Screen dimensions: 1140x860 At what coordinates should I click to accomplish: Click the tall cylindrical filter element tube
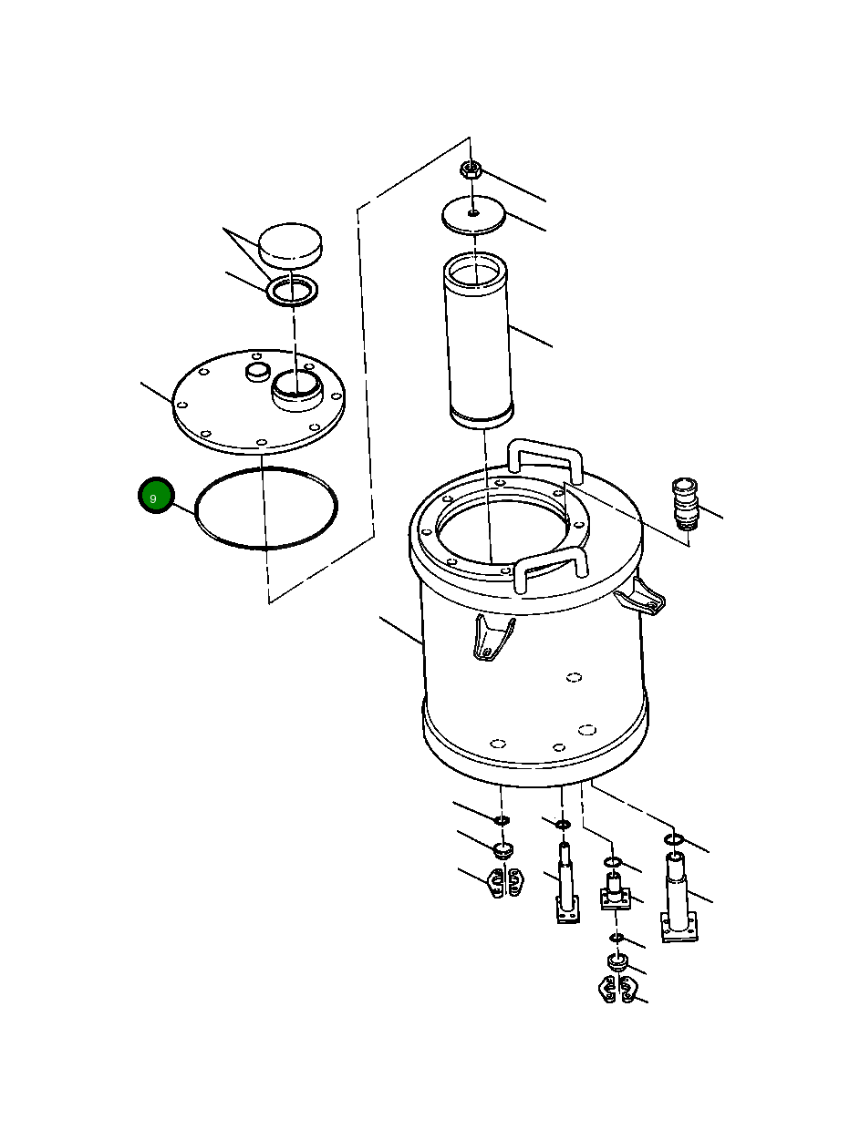pos(479,346)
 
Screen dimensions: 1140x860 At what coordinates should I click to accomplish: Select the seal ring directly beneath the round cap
pos(292,292)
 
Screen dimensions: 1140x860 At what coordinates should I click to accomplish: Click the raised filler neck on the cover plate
pos(296,389)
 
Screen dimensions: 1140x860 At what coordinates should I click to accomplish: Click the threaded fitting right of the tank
pos(684,504)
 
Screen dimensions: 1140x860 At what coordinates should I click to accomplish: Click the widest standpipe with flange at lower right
pos(680,898)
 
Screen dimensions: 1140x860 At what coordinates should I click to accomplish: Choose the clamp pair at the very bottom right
pos(617,990)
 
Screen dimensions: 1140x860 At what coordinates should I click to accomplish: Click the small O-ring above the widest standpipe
pos(674,838)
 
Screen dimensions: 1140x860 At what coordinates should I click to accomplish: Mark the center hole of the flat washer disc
pos(473,213)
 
